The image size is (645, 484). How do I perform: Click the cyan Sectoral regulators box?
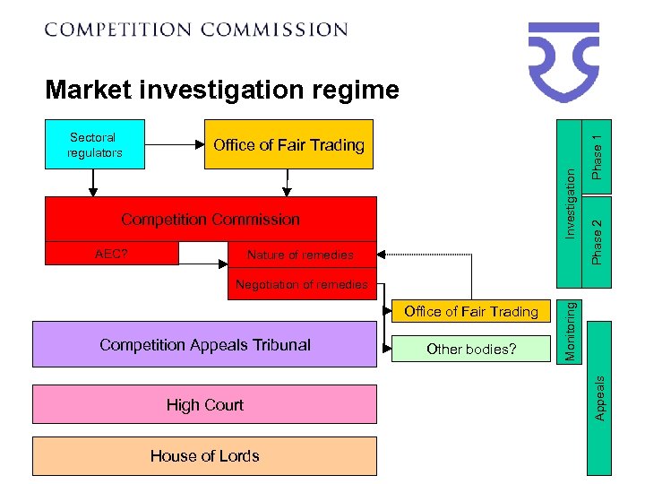[93, 144]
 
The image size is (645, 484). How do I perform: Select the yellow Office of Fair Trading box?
[288, 144]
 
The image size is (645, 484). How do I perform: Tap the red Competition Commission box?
[211, 220]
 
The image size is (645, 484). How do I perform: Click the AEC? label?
[111, 254]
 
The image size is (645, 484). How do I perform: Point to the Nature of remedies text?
[300, 255]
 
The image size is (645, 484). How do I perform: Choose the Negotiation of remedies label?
[301, 284]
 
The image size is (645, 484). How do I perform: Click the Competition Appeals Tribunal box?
[204, 345]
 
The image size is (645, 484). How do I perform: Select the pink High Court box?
[204, 405]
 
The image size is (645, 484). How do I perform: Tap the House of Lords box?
[204, 456]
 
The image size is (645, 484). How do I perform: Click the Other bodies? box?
[471, 349]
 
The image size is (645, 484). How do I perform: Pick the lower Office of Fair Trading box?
[471, 312]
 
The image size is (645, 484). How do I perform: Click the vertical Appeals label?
[600, 397]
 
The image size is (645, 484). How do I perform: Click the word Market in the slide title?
[88, 90]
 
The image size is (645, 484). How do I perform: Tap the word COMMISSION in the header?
[274, 29]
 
